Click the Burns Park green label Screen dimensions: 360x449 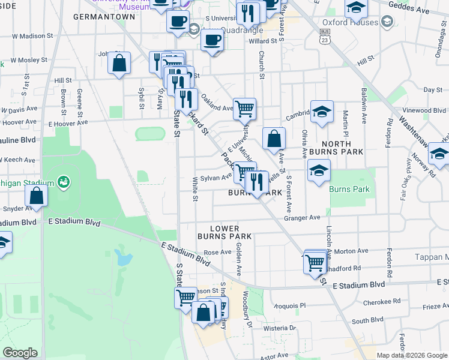(349, 190)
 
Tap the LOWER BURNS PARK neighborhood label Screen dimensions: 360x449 (224, 233)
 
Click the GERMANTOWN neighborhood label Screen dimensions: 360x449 (104, 17)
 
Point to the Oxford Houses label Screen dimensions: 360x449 (354, 23)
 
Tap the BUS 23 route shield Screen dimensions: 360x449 (325, 37)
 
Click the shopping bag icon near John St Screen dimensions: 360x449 (119, 63)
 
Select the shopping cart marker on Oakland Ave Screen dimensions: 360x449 (244, 109)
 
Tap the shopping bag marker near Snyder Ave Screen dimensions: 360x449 (37, 196)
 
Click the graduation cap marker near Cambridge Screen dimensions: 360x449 (322, 112)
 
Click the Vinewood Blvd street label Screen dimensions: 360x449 (424, 110)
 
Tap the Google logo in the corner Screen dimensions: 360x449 (20, 353)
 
